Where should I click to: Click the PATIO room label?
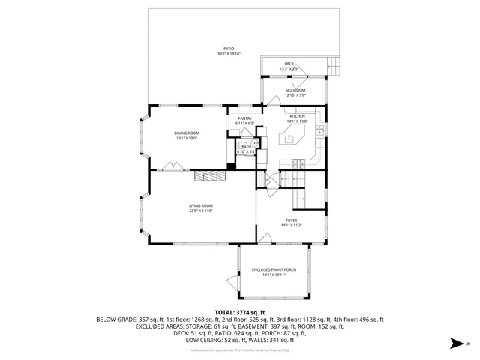point(229,49)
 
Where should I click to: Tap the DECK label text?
point(289,64)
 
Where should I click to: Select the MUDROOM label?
point(295,90)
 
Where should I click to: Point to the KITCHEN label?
point(297,117)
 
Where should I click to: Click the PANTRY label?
point(244,118)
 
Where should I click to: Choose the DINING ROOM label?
point(186,133)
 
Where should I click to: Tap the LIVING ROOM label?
point(201,205)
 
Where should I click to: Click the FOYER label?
point(291,220)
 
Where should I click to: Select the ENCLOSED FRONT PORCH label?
point(273,269)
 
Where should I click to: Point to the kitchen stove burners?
point(298,163)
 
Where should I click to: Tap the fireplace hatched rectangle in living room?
point(205,175)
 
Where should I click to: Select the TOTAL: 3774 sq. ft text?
point(240,311)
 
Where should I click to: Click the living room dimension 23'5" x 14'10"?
point(201,211)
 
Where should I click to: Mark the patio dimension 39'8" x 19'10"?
point(229,54)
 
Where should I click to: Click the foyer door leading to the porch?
point(264,240)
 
